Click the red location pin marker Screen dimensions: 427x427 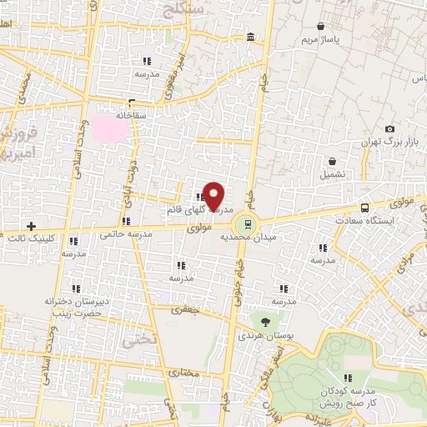(213, 195)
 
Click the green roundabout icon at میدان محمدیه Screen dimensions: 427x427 (245, 223)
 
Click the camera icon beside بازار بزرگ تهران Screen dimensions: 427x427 (389, 128)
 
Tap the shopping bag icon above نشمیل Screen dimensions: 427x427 (334, 162)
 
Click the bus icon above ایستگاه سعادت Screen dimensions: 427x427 (364, 208)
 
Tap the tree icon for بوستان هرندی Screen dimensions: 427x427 (265, 322)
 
